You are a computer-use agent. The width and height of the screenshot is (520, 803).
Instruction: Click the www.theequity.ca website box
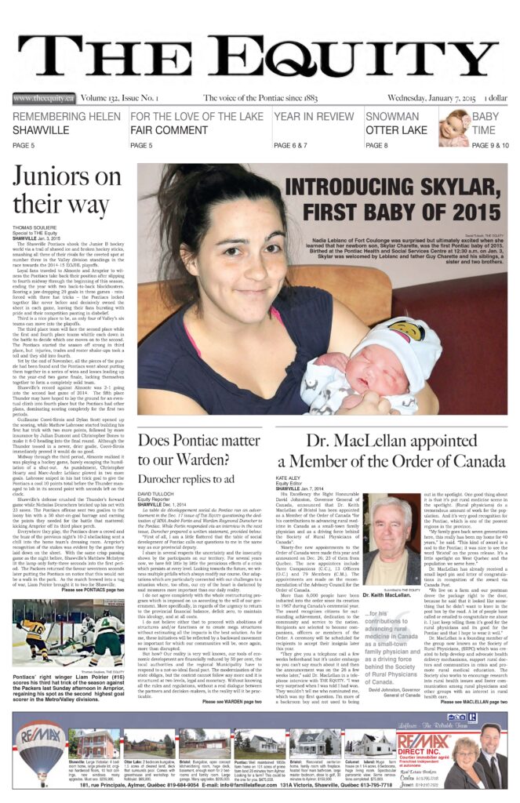44,98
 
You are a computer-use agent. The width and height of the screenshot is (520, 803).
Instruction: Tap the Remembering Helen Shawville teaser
67,123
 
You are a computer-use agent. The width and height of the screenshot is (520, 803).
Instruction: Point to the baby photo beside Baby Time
454,127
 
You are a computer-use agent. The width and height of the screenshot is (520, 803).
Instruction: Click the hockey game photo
67,635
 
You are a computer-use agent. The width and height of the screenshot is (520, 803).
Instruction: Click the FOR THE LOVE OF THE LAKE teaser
197,123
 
